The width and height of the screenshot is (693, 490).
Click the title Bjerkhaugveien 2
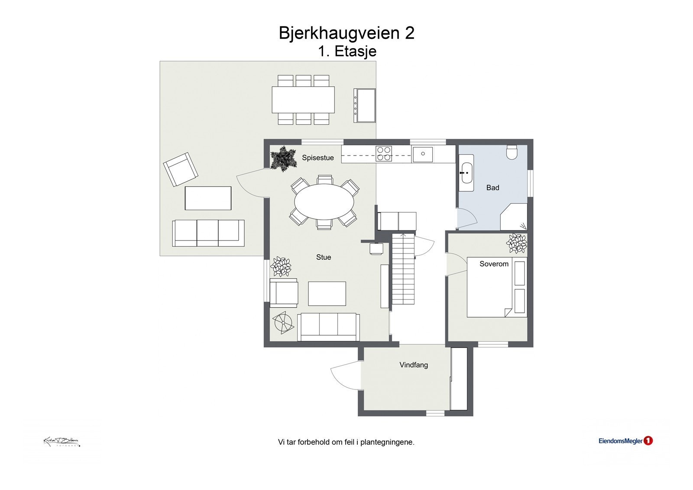[x=346, y=33]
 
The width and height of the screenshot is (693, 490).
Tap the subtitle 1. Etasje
[x=347, y=52]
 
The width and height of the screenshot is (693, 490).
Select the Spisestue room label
[x=318, y=158]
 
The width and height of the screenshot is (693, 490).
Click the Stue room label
[x=324, y=257]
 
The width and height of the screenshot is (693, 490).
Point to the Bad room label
[x=493, y=188]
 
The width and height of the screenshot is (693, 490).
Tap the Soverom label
[x=494, y=264]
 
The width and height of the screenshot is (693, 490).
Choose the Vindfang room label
[x=414, y=365]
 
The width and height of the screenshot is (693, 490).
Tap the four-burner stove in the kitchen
[x=384, y=154]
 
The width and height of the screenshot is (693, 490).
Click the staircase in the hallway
[x=403, y=269]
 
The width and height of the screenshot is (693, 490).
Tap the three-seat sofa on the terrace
[x=208, y=233]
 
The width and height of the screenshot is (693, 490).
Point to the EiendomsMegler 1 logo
[x=625, y=441]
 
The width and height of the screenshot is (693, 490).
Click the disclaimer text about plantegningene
[x=346, y=442]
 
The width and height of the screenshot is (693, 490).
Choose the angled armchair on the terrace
[x=181, y=169]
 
